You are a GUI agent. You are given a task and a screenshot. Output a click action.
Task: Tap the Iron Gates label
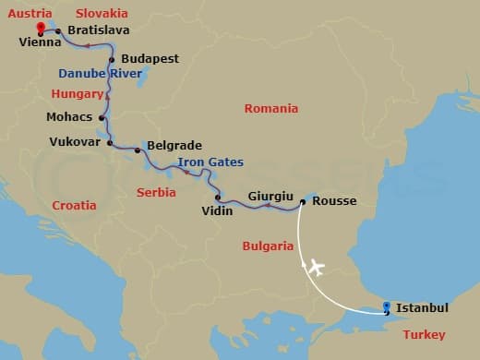[210, 162]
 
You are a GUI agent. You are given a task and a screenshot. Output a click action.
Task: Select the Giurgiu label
[270, 196]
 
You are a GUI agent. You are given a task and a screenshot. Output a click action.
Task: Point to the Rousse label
[334, 201]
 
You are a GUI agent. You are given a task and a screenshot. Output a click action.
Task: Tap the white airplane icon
[315, 268]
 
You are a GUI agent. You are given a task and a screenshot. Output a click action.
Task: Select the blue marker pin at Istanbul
[386, 307]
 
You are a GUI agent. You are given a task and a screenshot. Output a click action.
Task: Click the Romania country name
[270, 109]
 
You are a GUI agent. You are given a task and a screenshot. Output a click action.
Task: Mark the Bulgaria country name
[267, 246]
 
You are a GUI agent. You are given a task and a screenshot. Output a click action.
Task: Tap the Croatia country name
[74, 205]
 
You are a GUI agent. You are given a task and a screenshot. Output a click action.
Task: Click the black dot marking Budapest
[112, 60]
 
